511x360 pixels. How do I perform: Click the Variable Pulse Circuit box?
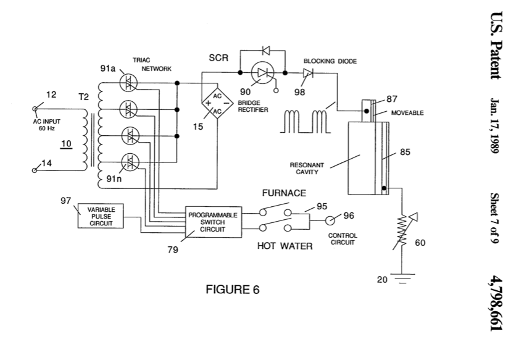click(101, 216)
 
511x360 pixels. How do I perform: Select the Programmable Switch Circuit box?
click(214, 222)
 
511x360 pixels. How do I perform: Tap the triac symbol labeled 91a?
click(128, 83)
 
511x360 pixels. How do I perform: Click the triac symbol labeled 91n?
click(130, 162)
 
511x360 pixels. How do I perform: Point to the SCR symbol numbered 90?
click(263, 73)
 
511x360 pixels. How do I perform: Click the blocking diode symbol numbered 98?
click(307, 73)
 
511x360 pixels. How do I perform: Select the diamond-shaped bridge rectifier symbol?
click(217, 104)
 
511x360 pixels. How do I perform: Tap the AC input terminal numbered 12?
click(35, 109)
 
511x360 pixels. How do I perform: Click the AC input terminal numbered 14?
click(35, 170)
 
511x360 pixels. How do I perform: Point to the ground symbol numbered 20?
click(402, 278)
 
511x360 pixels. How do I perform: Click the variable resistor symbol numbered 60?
click(404, 231)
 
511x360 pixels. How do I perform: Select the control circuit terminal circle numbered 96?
click(330, 221)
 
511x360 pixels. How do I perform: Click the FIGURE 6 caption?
click(233, 290)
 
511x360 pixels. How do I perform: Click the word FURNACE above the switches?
click(284, 193)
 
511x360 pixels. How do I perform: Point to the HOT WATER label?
click(285, 246)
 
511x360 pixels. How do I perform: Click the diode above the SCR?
click(265, 51)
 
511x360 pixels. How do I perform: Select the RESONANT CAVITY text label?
click(307, 169)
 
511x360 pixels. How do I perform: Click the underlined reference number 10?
click(66, 144)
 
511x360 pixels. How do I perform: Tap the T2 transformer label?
click(83, 97)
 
